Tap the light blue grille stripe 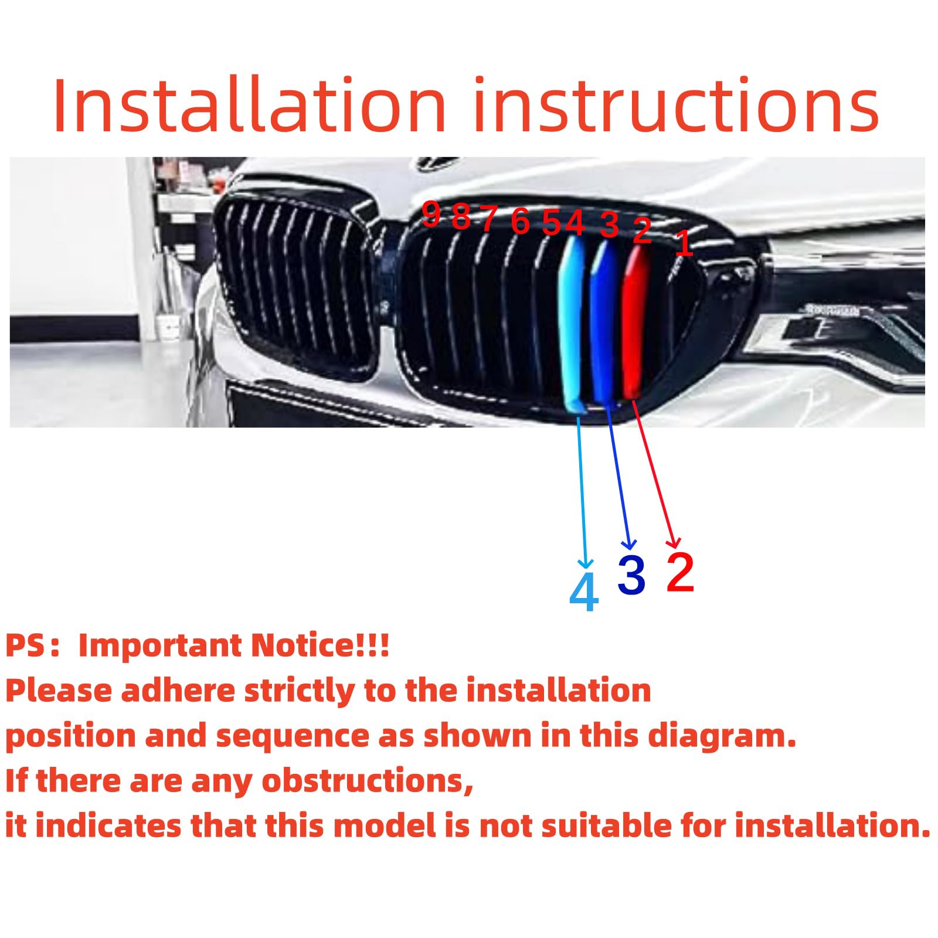coord(572,322)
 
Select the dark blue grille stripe coord(603,322)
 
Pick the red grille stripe coord(635,322)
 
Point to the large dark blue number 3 coord(631,575)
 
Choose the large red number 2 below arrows coord(680,572)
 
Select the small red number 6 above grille coord(520,222)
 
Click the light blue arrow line coord(582,487)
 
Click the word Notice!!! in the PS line coord(320,645)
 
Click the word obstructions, coord(367,781)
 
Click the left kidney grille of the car coord(296,287)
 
